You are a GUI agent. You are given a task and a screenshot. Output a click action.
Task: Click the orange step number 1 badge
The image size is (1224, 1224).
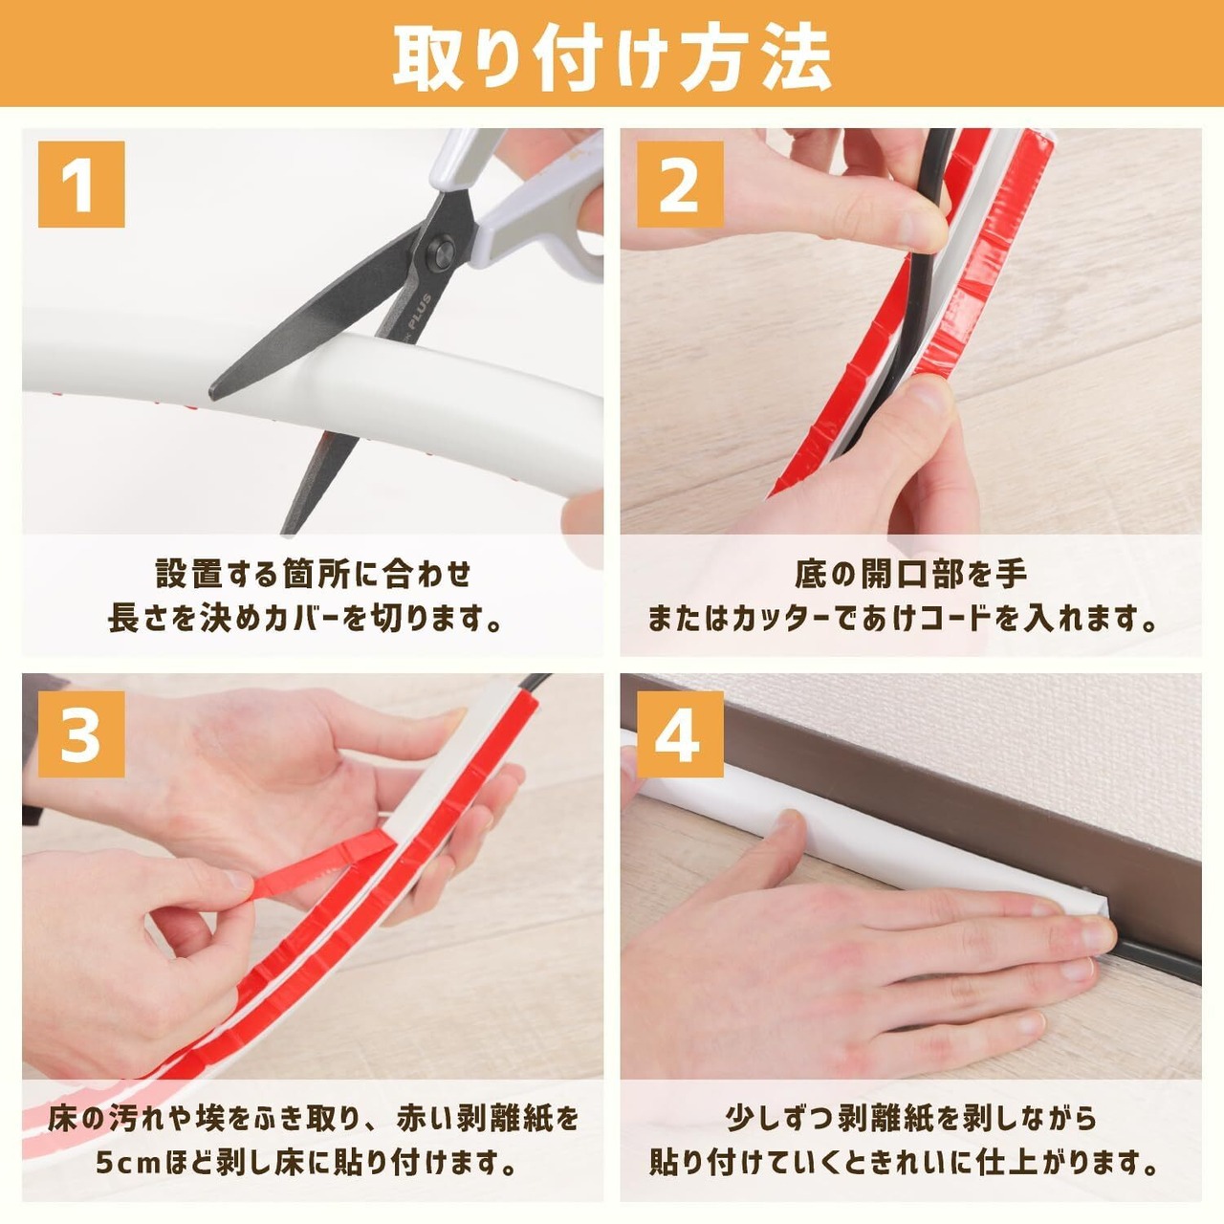point(81,185)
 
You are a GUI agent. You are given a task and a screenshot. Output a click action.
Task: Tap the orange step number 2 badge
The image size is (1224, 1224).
point(680,185)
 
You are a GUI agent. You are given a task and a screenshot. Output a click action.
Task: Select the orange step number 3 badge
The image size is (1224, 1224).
point(81,734)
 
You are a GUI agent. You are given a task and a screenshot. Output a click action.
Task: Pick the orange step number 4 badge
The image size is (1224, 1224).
point(680,734)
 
